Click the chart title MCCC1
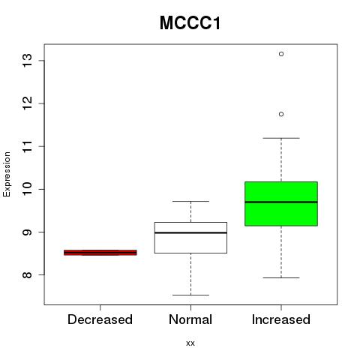pyautogui.click(x=190, y=23)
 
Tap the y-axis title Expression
pyautogui.click(x=7, y=174)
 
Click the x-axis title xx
pyautogui.click(x=190, y=343)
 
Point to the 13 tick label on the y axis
pyautogui.click(x=28, y=60)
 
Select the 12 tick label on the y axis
pyautogui.click(x=28, y=103)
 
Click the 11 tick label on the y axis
pyautogui.click(x=28, y=146)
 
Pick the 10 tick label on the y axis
pyautogui.click(x=28, y=189)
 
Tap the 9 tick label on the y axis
pyautogui.click(x=28, y=232)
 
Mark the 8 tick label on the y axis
pyautogui.click(x=28, y=275)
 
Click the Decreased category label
pyautogui.click(x=100, y=319)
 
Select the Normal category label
pyautogui.click(x=190, y=319)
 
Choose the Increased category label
pyautogui.click(x=281, y=319)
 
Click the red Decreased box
pyautogui.click(x=100, y=253)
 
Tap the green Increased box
pyautogui.click(x=281, y=204)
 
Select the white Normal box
pyautogui.click(x=190, y=238)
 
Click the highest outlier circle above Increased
pyautogui.click(x=281, y=54)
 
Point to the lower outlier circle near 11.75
pyautogui.click(x=281, y=114)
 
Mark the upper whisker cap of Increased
pyautogui.click(x=281, y=138)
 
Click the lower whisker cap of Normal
pyautogui.click(x=190, y=295)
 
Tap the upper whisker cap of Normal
pyautogui.click(x=190, y=201)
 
